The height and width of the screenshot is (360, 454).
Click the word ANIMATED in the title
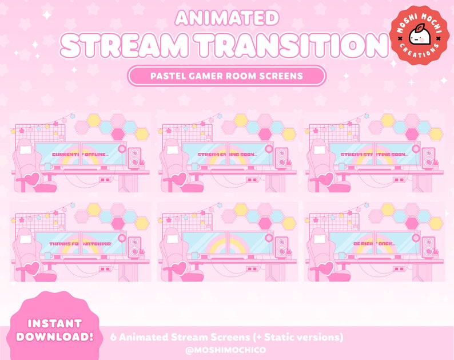(227, 17)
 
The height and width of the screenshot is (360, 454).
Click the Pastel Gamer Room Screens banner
(227, 75)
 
